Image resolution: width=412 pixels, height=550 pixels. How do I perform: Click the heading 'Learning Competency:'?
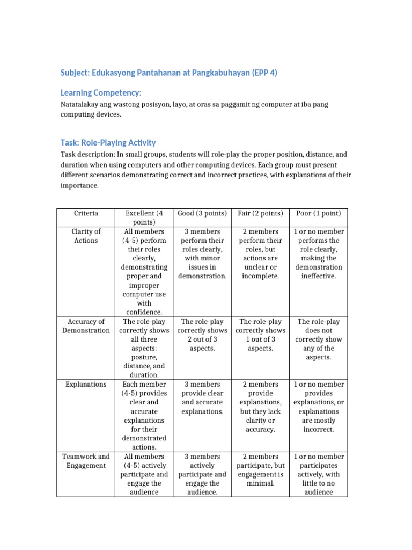pyautogui.click(x=101, y=92)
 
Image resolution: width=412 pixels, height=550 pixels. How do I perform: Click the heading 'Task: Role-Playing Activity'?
pyautogui.click(x=108, y=142)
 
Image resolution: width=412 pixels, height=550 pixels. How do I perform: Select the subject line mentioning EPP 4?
pyautogui.click(x=168, y=73)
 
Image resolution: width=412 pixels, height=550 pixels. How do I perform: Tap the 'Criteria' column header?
pyautogui.click(x=86, y=213)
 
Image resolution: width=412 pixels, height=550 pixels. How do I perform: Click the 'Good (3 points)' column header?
pyautogui.click(x=202, y=213)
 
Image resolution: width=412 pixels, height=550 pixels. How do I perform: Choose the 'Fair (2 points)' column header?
pyautogui.click(x=260, y=213)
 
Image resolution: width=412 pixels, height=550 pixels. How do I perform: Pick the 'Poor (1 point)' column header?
pyautogui.click(x=318, y=213)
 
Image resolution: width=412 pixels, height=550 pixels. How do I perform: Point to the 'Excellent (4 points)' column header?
pyautogui.click(x=144, y=218)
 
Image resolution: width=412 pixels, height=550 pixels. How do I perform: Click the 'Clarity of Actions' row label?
pyautogui.click(x=86, y=236)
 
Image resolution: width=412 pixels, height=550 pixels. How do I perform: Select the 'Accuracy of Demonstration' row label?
pyautogui.click(x=86, y=326)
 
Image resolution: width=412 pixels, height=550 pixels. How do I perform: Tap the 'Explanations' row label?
pyautogui.click(x=86, y=384)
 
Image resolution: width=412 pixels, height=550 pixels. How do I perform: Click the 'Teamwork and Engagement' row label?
pyautogui.click(x=86, y=461)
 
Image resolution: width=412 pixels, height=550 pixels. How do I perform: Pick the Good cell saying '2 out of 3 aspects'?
pyautogui.click(x=202, y=335)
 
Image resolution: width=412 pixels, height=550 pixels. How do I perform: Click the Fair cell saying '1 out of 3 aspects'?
pyautogui.click(x=260, y=335)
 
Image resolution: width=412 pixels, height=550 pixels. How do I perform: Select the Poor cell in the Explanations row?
pyautogui.click(x=318, y=407)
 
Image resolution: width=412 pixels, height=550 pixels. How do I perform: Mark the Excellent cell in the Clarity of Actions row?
pyautogui.click(x=144, y=271)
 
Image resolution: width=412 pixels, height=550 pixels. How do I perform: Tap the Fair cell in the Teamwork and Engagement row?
pyautogui.click(x=260, y=469)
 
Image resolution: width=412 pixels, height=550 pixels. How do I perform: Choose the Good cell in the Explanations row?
pyautogui.click(x=202, y=397)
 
